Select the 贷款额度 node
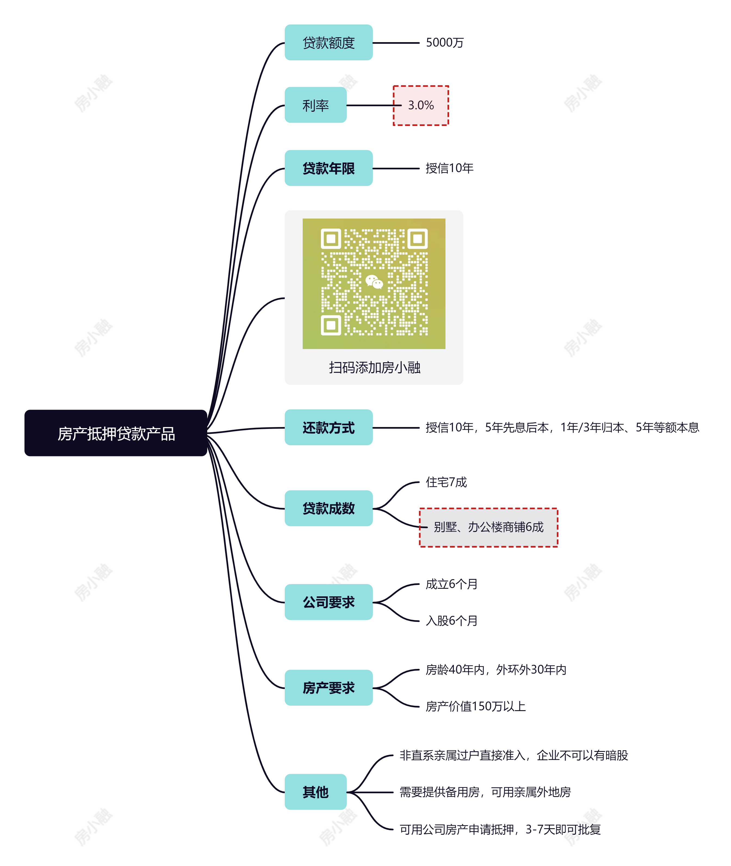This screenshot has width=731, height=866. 328,43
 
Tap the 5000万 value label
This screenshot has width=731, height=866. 444,43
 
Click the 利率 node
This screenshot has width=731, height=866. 315,105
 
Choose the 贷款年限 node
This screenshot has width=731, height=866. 328,168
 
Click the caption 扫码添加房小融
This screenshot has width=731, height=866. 374,367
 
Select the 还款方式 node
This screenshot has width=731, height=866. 328,427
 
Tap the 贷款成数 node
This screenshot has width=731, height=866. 328,508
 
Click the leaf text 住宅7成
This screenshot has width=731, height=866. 446,482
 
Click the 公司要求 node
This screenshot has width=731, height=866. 328,602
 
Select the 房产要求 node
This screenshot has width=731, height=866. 328,687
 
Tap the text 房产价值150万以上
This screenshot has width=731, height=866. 475,706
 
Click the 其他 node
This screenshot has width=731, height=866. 315,792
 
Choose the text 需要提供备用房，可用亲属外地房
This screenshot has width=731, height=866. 485,792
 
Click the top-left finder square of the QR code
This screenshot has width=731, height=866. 331,239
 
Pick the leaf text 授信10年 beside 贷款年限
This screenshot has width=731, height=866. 449,168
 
